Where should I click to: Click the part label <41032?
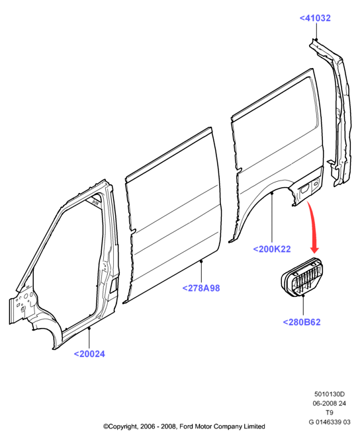(315, 18)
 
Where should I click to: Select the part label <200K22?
(272, 249)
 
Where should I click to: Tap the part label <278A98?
(201, 288)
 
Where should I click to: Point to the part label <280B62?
(302, 322)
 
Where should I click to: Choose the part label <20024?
(89, 354)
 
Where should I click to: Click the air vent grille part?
(302, 277)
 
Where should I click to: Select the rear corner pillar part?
(336, 112)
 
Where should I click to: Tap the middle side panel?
(173, 216)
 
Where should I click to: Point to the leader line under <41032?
(316, 31)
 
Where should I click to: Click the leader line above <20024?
(89, 338)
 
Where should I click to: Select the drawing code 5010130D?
(330, 394)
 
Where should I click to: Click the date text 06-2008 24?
(330, 403)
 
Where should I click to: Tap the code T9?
(330, 413)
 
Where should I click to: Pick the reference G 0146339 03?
(330, 422)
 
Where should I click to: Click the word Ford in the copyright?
(186, 426)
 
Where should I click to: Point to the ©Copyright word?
(120, 426)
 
